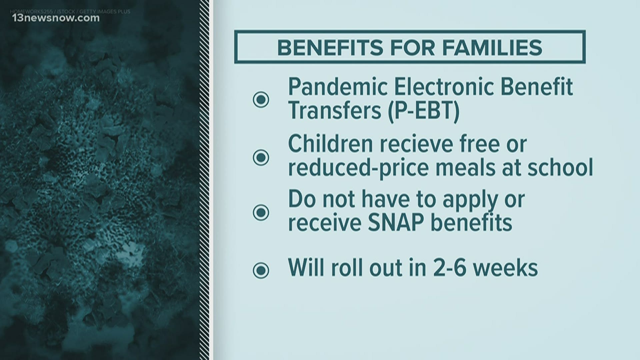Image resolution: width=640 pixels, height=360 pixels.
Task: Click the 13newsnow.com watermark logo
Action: (x=55, y=18)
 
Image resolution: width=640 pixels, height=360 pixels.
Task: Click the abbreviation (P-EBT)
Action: (x=424, y=111)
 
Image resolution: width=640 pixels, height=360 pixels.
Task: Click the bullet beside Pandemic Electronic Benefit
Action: (x=261, y=99)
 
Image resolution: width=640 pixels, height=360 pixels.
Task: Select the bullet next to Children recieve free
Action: (x=261, y=157)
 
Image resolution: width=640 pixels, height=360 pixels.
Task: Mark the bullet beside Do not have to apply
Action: (x=261, y=212)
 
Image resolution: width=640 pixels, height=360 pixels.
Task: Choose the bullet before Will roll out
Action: (x=261, y=270)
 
